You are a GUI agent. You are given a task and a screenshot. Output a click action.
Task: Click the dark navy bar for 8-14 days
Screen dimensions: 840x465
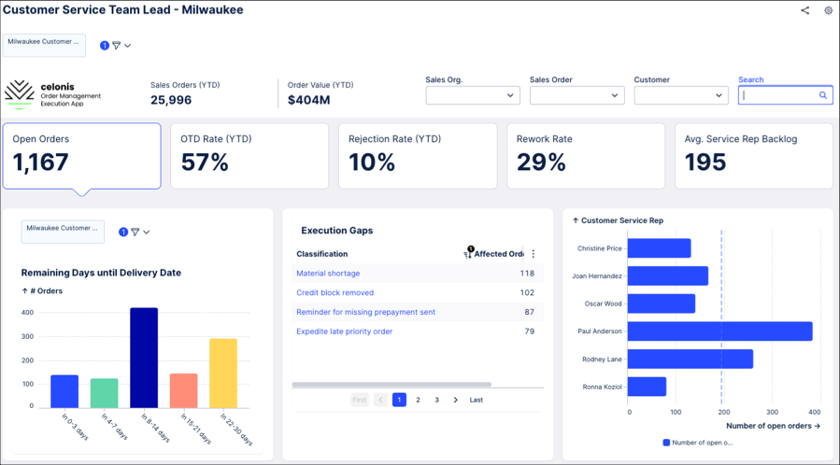pos(144,358)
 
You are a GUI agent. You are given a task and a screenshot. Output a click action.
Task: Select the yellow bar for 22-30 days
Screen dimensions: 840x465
pos(223,373)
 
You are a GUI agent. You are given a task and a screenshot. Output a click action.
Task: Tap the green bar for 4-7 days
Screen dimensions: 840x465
pos(105,393)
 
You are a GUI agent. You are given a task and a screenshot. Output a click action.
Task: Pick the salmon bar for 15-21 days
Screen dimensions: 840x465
pos(184,390)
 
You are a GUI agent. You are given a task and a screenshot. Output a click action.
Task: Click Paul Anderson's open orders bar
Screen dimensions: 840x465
pos(720,331)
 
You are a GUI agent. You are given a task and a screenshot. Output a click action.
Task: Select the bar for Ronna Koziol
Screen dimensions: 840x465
pos(648,387)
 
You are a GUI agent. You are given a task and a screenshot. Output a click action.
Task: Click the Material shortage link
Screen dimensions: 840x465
pos(328,273)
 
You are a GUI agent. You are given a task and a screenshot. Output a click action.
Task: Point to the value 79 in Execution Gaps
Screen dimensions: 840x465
pos(529,331)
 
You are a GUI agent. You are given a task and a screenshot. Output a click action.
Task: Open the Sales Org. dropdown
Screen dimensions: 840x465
pos(473,95)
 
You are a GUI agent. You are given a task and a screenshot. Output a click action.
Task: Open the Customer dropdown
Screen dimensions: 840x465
pos(681,95)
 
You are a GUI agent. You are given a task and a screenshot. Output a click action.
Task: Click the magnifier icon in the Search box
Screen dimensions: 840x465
pos(823,95)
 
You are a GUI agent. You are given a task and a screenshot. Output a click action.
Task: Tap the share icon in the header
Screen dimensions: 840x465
pos(805,10)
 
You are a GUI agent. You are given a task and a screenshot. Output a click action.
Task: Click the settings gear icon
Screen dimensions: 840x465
pos(828,10)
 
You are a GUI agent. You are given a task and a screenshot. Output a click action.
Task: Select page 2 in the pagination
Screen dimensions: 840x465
pos(418,400)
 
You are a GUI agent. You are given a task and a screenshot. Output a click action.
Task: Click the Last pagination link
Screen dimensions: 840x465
pos(477,400)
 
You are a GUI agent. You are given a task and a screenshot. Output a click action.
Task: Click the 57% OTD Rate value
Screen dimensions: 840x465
pos(205,162)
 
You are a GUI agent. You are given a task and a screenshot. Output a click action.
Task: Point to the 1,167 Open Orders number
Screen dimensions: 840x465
pos(41,162)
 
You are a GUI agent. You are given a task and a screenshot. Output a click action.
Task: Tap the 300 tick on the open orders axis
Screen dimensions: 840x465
pos(772,412)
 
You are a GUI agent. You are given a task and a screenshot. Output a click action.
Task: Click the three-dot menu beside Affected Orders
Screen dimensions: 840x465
pos(533,254)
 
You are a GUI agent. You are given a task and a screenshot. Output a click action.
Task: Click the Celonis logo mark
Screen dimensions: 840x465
pos(20,94)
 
